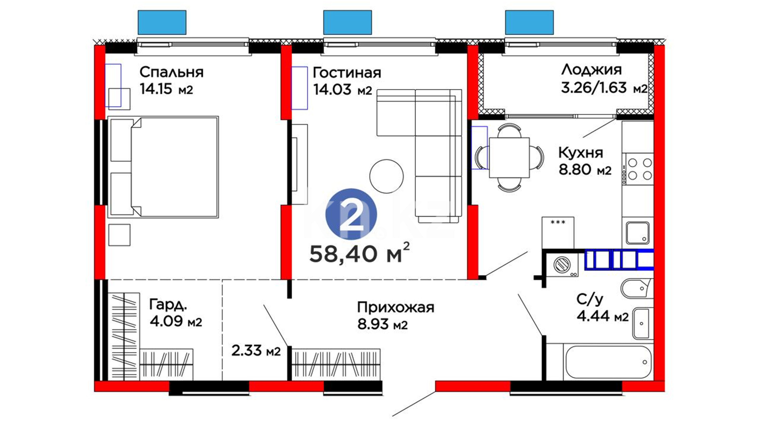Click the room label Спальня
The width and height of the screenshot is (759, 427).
(x=172, y=72)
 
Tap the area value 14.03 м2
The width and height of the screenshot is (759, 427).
(x=343, y=90)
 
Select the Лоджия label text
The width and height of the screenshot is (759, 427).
(x=591, y=70)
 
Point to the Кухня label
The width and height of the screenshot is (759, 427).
(x=581, y=152)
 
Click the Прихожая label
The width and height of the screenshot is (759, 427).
(x=396, y=307)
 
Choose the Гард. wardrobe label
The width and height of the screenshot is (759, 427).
(x=168, y=304)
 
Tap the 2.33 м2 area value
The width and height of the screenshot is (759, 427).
(x=256, y=351)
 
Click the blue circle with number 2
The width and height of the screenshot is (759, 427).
(x=351, y=214)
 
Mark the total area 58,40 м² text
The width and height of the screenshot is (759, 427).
(x=359, y=253)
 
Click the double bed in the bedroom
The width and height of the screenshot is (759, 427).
(x=163, y=167)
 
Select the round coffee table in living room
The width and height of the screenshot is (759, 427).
(x=387, y=176)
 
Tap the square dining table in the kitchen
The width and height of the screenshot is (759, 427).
(x=509, y=157)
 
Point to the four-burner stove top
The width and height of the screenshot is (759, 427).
(x=638, y=169)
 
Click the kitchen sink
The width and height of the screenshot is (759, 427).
(x=638, y=233)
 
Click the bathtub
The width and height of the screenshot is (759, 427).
(x=608, y=363)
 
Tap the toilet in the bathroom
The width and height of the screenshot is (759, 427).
(x=636, y=288)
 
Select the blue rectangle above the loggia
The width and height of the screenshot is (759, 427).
(x=529, y=23)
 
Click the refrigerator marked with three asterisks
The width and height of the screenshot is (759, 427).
(x=558, y=233)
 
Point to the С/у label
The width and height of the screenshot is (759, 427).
(x=590, y=300)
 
